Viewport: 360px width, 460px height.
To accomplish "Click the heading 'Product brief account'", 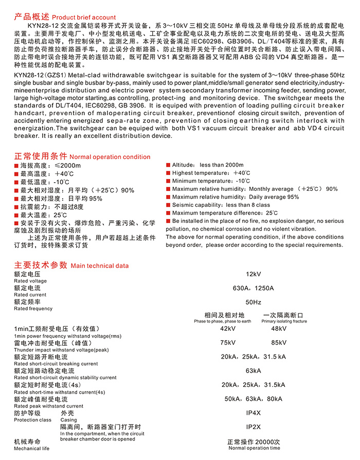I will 84,17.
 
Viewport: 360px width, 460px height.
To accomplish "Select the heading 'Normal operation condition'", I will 110,157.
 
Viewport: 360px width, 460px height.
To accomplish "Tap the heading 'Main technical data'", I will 100,266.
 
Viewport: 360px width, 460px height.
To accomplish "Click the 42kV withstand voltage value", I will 228,329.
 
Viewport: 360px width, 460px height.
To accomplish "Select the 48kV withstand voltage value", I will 279,329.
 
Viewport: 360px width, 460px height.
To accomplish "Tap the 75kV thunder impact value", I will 228,343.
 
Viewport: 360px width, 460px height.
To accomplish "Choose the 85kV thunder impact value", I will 279,343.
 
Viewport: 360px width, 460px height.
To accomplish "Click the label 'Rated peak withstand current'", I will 49,406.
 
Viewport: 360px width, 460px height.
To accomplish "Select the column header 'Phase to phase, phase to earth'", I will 223,321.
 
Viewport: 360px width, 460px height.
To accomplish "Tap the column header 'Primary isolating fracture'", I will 284,321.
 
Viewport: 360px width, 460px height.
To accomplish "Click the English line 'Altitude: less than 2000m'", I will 208,165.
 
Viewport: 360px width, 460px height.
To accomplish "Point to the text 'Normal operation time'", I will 255,448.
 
